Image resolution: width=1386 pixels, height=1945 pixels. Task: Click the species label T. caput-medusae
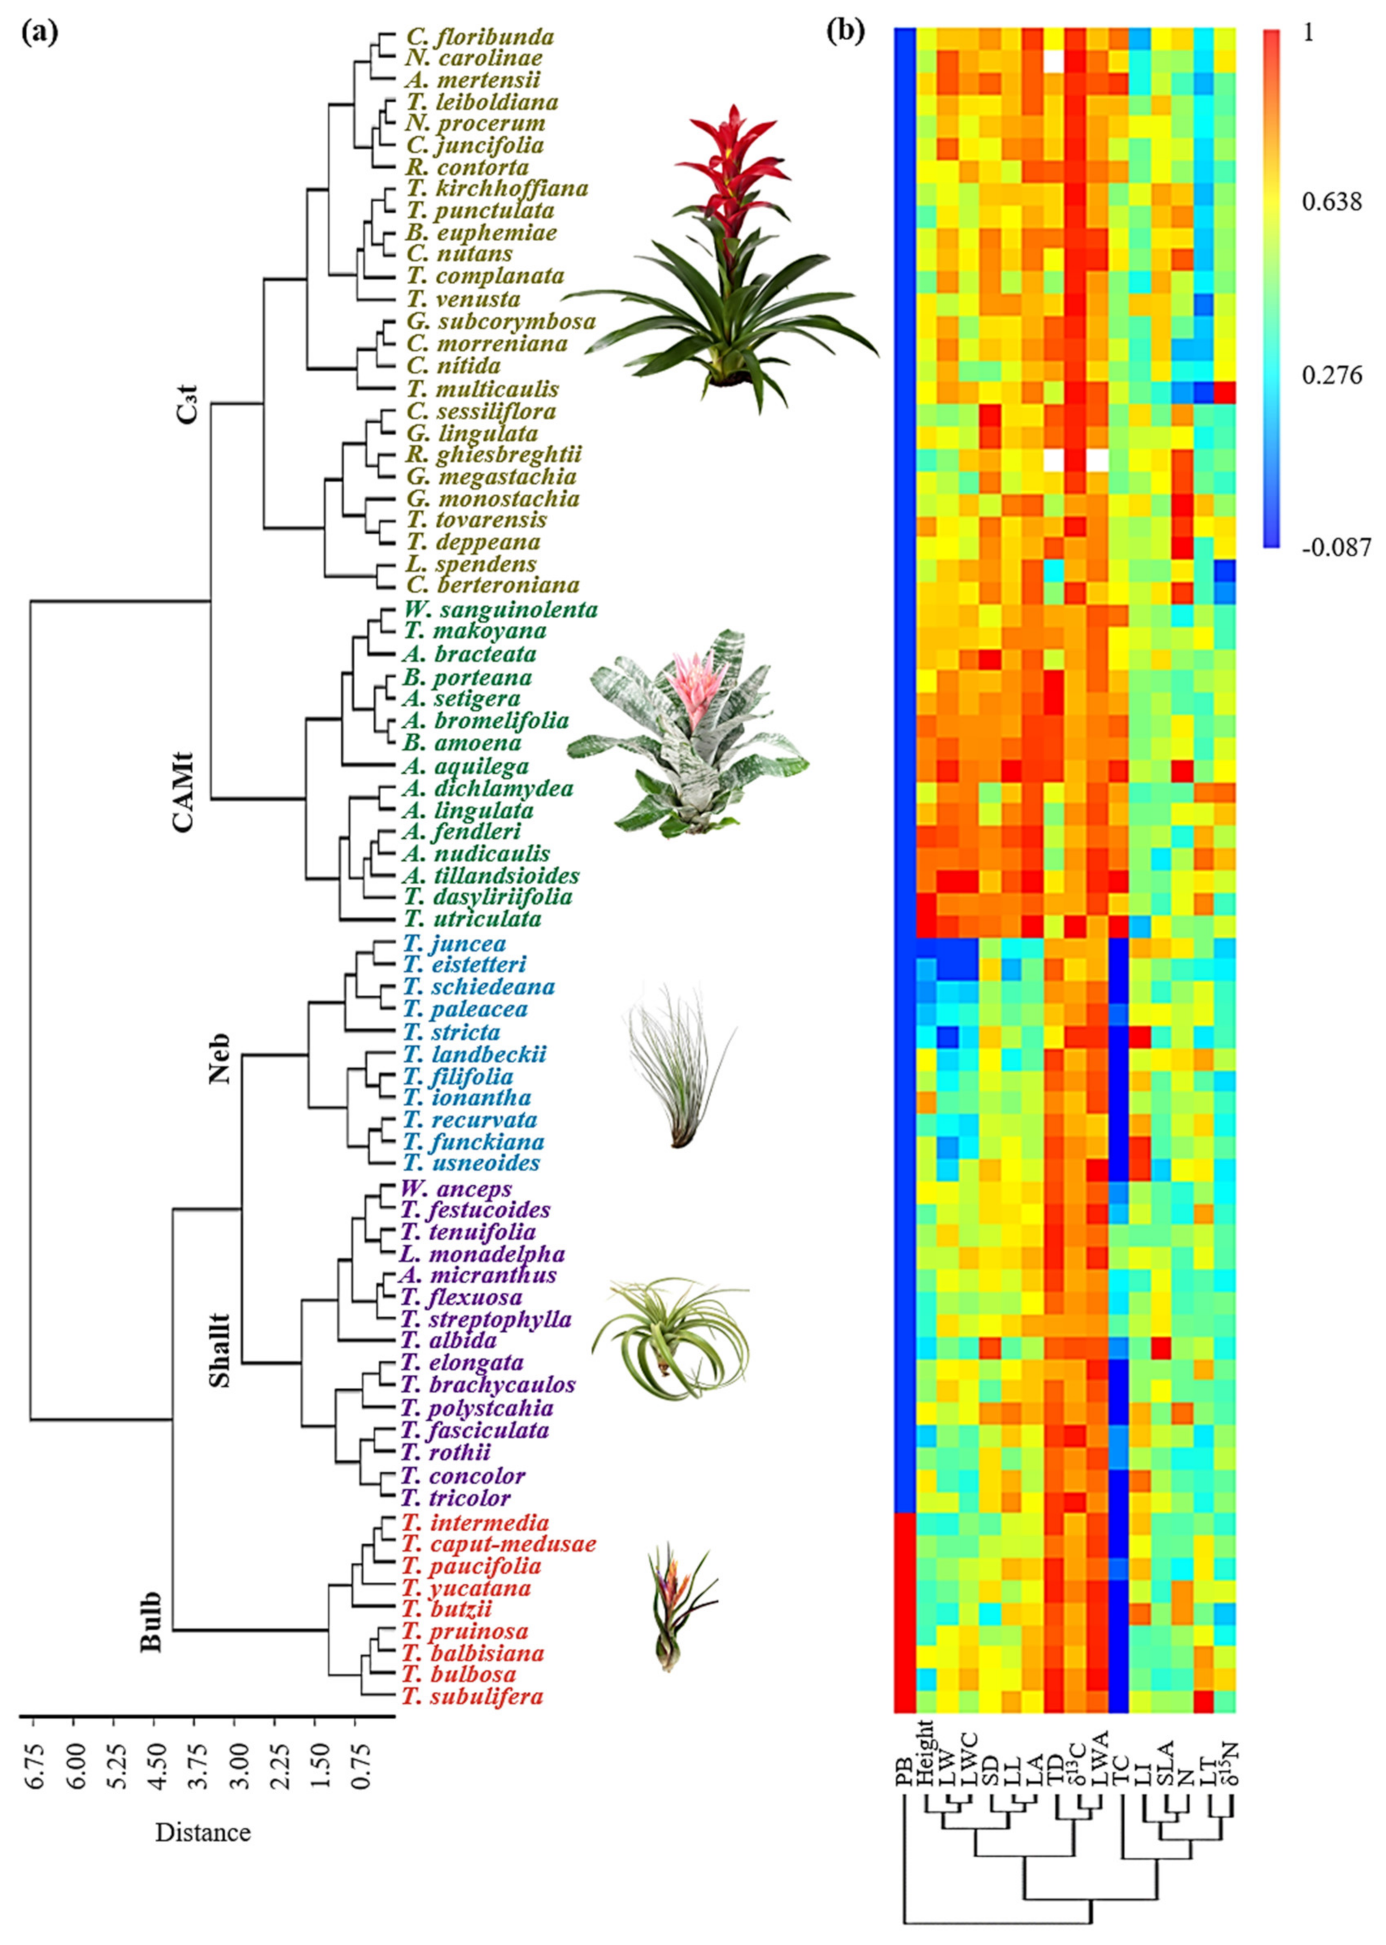(499, 1545)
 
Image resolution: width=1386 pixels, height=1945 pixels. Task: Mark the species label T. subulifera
(473, 1697)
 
